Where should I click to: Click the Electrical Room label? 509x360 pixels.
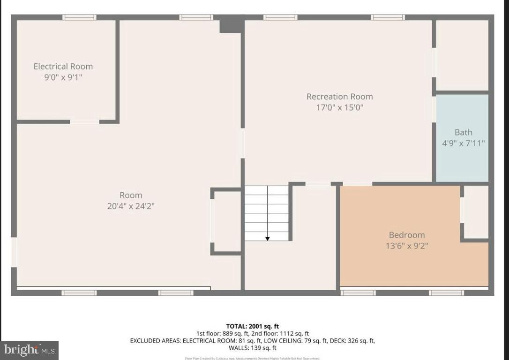click(63, 67)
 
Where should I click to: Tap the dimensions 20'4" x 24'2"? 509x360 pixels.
click(131, 206)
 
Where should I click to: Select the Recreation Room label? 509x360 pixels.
click(339, 97)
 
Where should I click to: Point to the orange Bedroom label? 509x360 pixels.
click(406, 235)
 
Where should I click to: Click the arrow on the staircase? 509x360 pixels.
click(267, 238)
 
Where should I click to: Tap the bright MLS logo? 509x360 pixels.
click(29, 350)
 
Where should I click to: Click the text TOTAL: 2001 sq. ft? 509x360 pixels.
click(253, 326)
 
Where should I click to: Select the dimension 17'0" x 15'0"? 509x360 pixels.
click(339, 107)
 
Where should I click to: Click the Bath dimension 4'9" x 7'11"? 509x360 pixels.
click(463, 143)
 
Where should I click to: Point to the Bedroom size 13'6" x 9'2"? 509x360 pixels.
click(406, 246)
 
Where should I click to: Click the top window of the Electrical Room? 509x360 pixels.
click(79, 17)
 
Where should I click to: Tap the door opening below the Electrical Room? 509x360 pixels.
click(84, 122)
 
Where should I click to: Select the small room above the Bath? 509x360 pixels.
click(462, 55)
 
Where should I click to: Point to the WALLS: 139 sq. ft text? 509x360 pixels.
click(253, 348)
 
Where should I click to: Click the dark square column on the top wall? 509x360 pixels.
click(231, 24)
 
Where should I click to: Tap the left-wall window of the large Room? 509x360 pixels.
click(14, 252)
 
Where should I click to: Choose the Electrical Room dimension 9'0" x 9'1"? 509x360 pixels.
click(63, 77)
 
